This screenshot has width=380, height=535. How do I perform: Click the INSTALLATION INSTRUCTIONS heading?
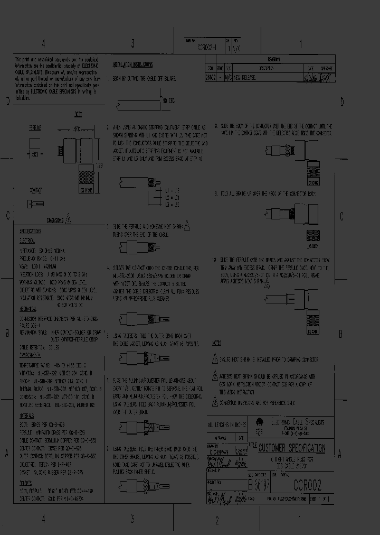132,64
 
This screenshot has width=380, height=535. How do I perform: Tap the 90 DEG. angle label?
169,100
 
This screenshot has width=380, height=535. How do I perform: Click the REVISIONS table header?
273,60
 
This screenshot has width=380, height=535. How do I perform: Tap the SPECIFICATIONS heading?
30,231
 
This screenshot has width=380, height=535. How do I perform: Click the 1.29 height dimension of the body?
98,166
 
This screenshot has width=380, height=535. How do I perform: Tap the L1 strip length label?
168,189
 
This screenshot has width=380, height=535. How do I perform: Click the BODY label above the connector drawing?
78,114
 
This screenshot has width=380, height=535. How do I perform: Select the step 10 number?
214,260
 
